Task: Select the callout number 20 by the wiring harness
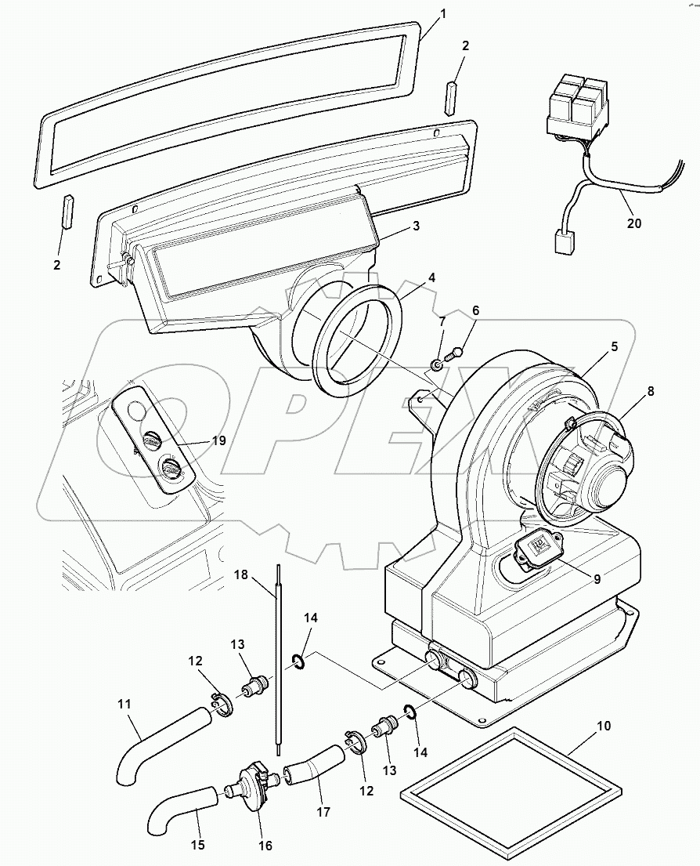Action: (634, 223)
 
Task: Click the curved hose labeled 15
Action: (179, 815)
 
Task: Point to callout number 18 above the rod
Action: (241, 574)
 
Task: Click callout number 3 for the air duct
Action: (417, 226)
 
